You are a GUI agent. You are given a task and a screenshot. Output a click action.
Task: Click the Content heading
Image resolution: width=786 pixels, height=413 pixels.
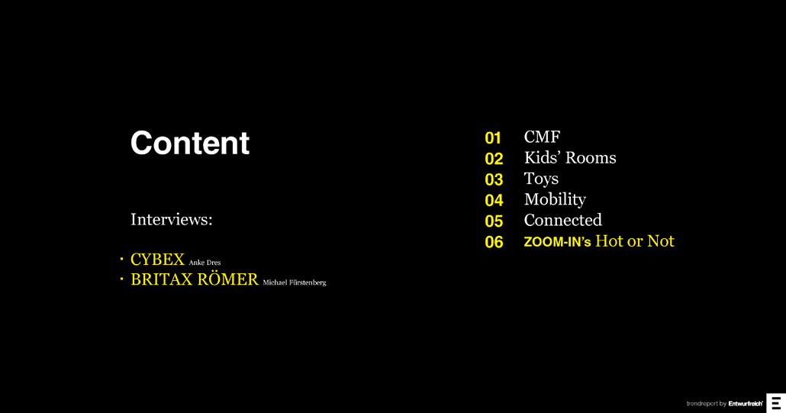click(x=190, y=143)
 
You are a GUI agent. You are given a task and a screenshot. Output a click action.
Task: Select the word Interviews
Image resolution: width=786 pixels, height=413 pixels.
click(x=171, y=220)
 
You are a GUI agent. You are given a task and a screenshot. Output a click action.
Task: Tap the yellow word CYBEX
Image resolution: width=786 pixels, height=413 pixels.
click(x=157, y=260)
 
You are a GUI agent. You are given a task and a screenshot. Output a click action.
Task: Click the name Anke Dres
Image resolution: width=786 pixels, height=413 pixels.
click(x=205, y=263)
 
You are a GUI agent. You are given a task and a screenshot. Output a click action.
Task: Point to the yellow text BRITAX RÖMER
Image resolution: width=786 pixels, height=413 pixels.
click(x=195, y=279)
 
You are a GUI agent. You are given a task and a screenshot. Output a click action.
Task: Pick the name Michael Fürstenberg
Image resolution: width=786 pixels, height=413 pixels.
click(x=294, y=282)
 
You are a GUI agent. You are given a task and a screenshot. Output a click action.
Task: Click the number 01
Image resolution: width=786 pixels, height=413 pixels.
click(x=493, y=138)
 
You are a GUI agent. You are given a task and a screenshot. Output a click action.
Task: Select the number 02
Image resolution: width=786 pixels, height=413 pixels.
click(x=494, y=159)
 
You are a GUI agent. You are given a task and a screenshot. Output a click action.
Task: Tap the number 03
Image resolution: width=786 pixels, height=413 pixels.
click(x=494, y=179)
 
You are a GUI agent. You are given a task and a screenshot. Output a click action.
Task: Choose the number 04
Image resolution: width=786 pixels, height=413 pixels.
click(x=494, y=200)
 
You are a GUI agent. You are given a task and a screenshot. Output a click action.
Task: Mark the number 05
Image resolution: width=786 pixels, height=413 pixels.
click(x=494, y=221)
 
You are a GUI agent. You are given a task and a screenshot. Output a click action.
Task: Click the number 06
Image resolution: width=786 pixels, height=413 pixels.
click(x=494, y=242)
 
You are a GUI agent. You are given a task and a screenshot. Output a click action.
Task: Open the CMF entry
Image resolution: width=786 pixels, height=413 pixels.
click(x=542, y=137)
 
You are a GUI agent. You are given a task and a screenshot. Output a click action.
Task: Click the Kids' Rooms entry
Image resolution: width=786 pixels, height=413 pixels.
click(x=569, y=158)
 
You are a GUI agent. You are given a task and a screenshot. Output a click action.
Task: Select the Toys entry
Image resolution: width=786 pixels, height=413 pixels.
click(x=541, y=179)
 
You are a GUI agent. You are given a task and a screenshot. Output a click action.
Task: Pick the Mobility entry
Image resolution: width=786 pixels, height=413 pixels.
click(x=555, y=199)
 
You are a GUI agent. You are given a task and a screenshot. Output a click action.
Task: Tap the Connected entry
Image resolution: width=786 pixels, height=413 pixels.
click(x=562, y=220)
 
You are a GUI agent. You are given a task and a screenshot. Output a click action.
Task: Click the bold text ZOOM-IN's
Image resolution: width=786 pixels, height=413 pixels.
click(x=557, y=242)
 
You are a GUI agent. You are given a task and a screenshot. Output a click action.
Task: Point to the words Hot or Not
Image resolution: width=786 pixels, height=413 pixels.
click(x=634, y=241)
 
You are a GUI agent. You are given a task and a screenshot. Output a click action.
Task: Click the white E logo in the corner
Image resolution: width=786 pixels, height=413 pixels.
click(x=776, y=403)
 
